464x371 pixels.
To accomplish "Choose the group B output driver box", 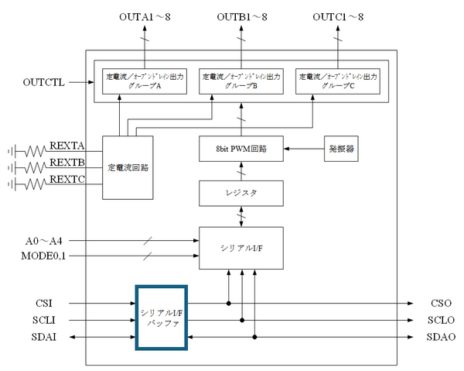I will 243,81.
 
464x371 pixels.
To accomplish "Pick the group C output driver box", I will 338,81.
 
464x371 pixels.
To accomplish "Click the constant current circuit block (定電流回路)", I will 128,167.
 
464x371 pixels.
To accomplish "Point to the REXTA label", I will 67,146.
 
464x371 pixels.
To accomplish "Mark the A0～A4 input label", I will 43,240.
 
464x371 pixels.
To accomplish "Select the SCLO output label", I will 439,320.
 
